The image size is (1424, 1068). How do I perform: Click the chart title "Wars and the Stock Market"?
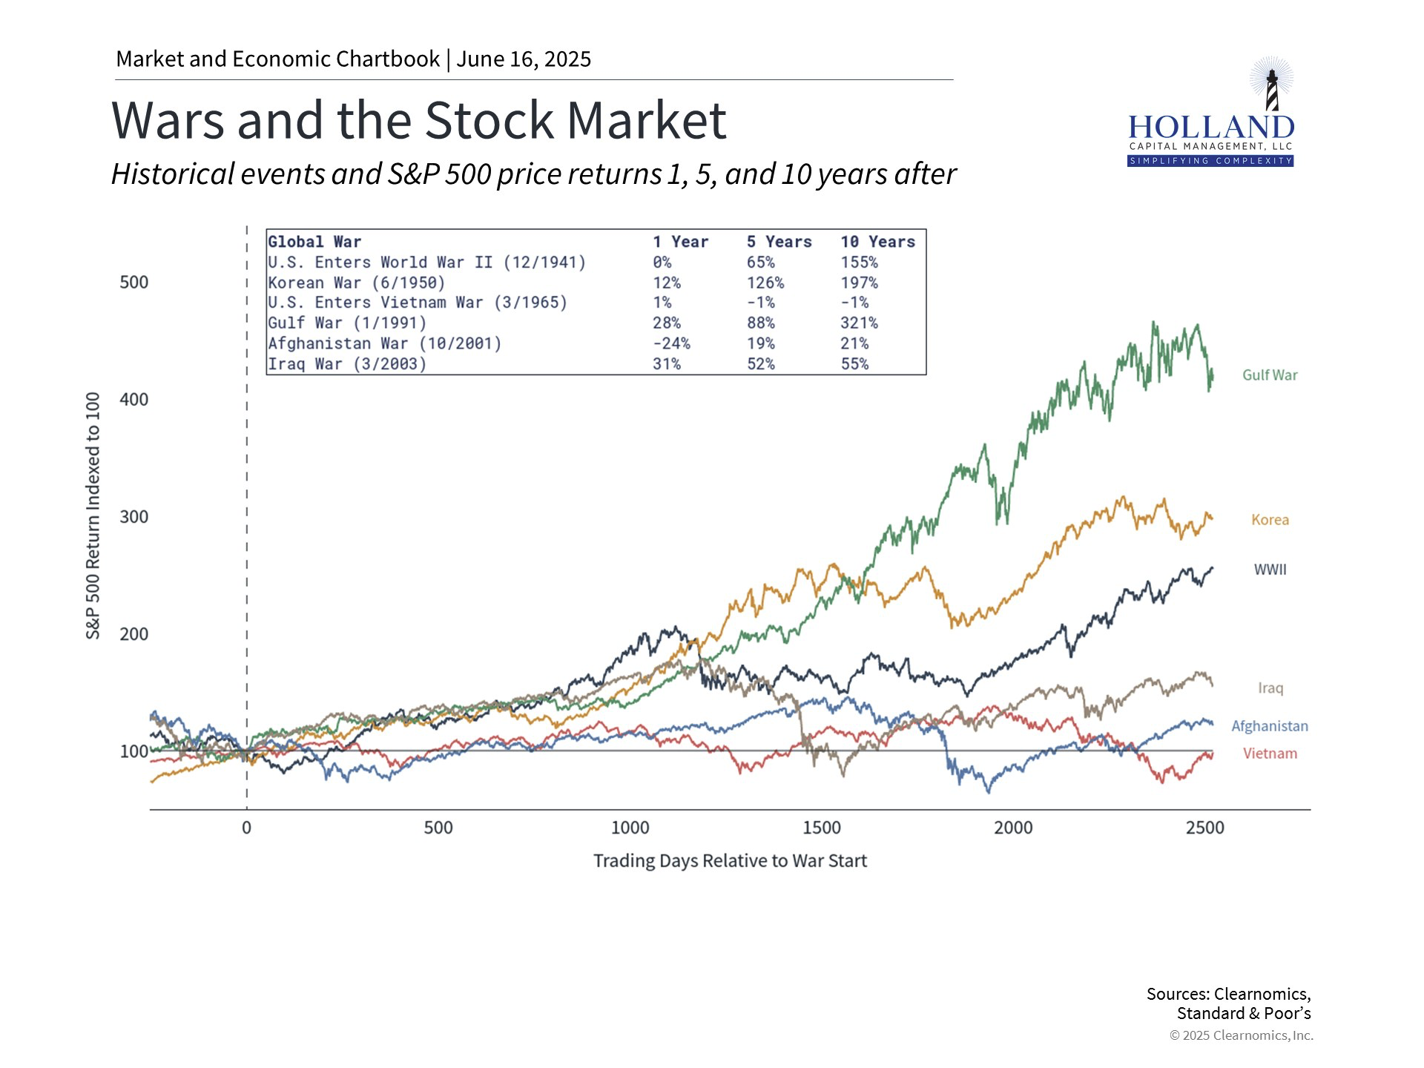(419, 120)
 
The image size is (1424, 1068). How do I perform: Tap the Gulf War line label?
(1270, 375)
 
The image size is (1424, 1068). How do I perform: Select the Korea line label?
(1270, 520)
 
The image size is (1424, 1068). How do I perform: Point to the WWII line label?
(1270, 570)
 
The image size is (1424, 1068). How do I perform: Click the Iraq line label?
(1270, 688)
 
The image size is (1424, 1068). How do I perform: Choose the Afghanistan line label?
(1270, 726)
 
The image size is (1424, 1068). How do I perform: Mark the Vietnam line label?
(1270, 754)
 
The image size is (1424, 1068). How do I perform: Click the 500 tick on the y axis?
(134, 283)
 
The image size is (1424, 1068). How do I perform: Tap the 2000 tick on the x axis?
(1013, 828)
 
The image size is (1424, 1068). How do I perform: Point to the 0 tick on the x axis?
(246, 828)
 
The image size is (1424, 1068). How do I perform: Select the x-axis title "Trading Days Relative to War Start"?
(730, 861)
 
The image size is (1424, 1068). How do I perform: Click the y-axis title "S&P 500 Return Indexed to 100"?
(93, 515)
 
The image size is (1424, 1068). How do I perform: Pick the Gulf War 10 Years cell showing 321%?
(859, 323)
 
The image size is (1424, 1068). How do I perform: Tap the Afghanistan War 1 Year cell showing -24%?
(671, 343)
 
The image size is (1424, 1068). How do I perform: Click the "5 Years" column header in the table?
(779, 242)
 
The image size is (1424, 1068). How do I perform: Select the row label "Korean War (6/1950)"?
(356, 283)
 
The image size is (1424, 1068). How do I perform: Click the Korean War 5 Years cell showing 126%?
(765, 283)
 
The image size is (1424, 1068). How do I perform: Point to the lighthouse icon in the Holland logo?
(1272, 85)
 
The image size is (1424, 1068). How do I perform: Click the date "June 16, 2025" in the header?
(524, 59)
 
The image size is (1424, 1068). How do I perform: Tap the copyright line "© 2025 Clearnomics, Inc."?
(1242, 1035)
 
